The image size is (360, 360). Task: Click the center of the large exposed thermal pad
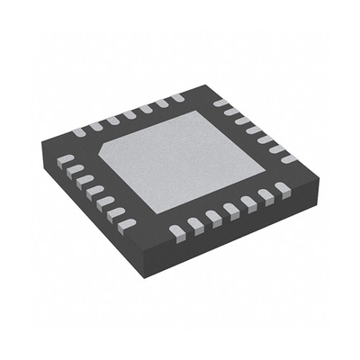coord(184,157)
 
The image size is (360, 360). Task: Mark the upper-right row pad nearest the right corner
coord(288,158)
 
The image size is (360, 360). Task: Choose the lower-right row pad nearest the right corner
coord(283,188)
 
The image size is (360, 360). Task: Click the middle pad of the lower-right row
coord(230,210)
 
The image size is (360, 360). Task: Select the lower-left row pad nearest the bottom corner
coord(129,222)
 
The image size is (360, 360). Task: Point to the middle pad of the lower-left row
coord(95,190)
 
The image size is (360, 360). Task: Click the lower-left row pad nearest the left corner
coord(66,159)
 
